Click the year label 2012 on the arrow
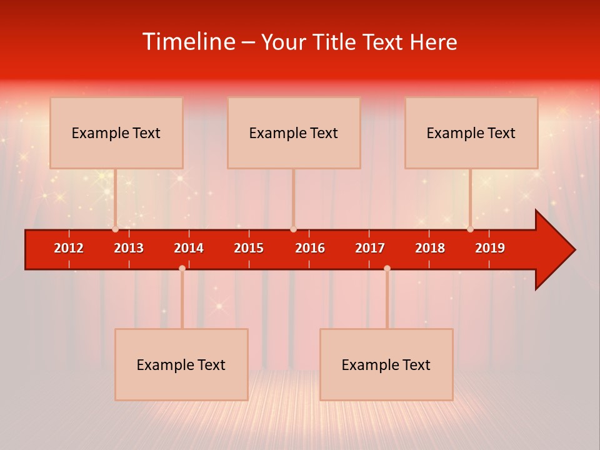click(x=69, y=248)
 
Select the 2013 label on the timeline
click(x=129, y=248)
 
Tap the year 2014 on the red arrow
click(x=189, y=248)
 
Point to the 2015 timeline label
click(x=249, y=248)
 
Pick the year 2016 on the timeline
click(x=310, y=248)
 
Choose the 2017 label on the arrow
click(x=370, y=248)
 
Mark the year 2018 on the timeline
click(x=430, y=248)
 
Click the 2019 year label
click(x=490, y=248)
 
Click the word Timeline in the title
click(x=189, y=42)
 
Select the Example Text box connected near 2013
click(x=116, y=132)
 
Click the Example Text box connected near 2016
click(x=294, y=132)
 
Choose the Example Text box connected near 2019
click(x=471, y=132)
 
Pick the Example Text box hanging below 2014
click(x=181, y=364)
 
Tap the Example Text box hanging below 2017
click(x=386, y=364)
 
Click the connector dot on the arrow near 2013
click(x=115, y=229)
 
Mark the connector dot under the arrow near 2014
click(x=182, y=268)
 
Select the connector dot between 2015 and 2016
click(x=293, y=229)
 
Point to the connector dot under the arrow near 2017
click(x=387, y=268)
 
